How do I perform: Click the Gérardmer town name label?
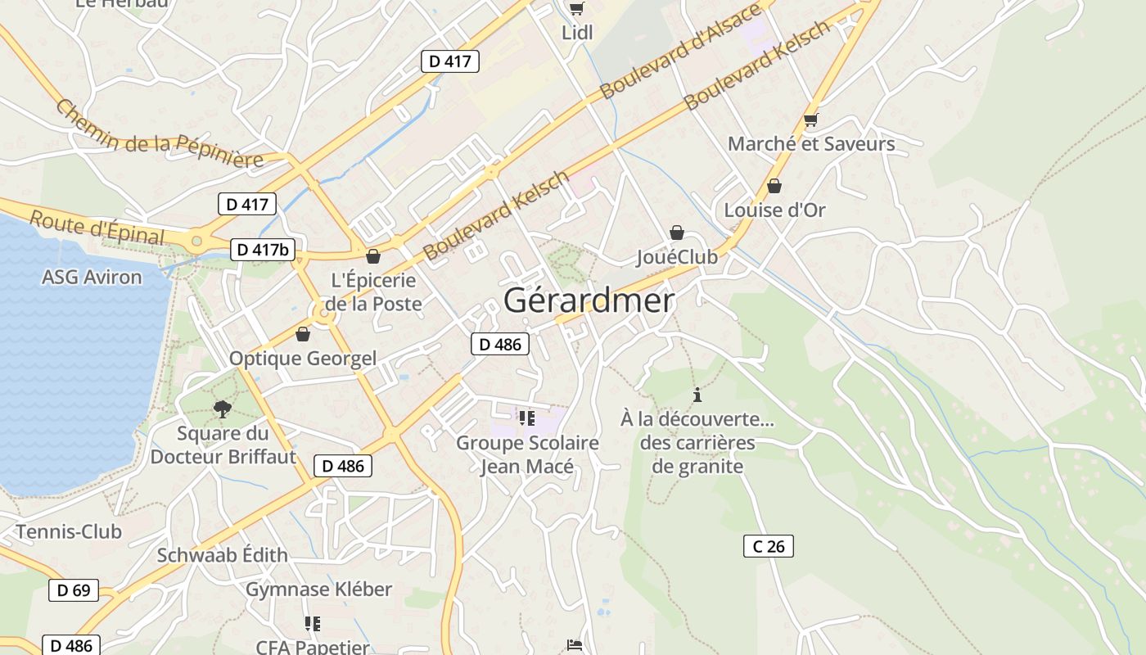(589, 300)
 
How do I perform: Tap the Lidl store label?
(577, 33)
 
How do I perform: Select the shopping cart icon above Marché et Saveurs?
(811, 120)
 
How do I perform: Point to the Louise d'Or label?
(774, 210)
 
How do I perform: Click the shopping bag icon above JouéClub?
(677, 233)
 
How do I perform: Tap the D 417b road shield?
(263, 250)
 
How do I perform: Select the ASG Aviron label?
(92, 277)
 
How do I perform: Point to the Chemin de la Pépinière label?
(160, 133)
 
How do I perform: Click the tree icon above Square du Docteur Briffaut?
(222, 409)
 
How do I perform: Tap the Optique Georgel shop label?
(303, 358)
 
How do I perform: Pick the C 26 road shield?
(769, 546)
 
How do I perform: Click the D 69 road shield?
(73, 589)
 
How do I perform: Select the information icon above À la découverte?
(697, 395)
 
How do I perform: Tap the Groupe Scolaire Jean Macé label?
(527, 454)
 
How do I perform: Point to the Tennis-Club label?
(69, 531)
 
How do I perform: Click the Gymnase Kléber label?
(319, 589)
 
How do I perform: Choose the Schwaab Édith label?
(223, 554)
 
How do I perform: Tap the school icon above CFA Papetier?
(312, 625)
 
